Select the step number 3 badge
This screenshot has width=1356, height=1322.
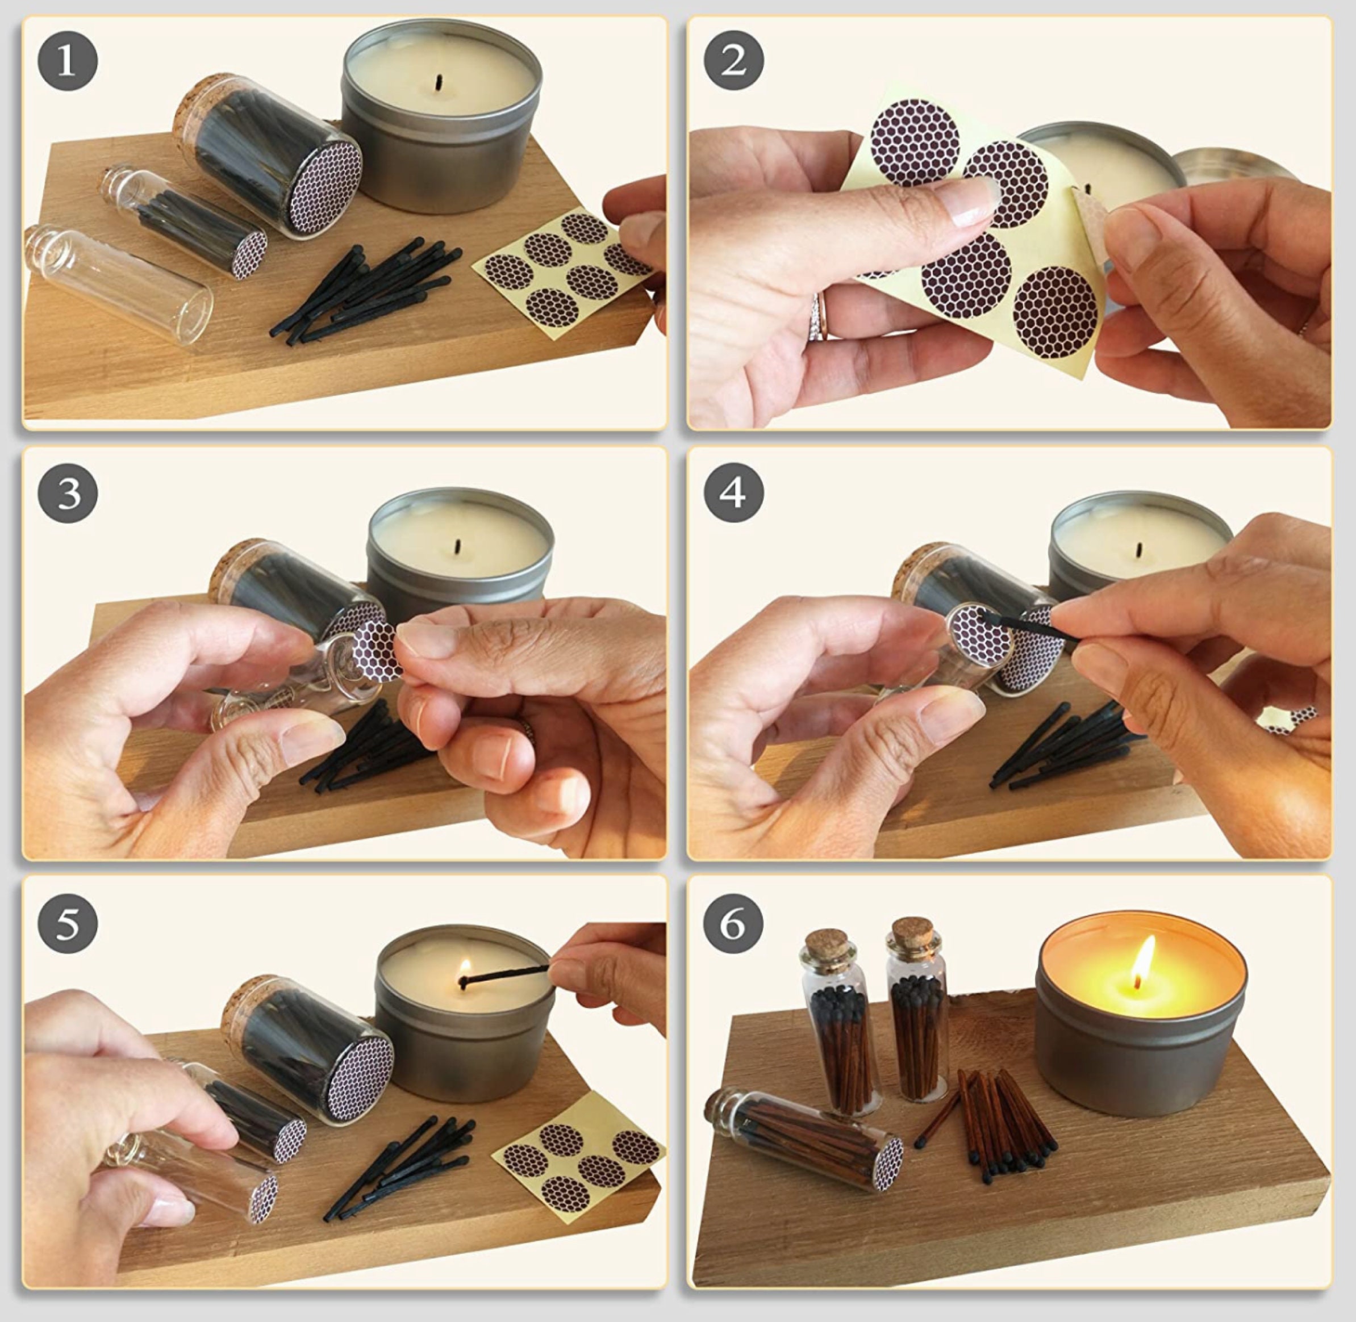[68, 493]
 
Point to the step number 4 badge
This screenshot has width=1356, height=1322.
[733, 493]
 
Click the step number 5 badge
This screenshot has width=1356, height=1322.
[68, 923]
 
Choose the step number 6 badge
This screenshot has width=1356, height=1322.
[733, 923]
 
